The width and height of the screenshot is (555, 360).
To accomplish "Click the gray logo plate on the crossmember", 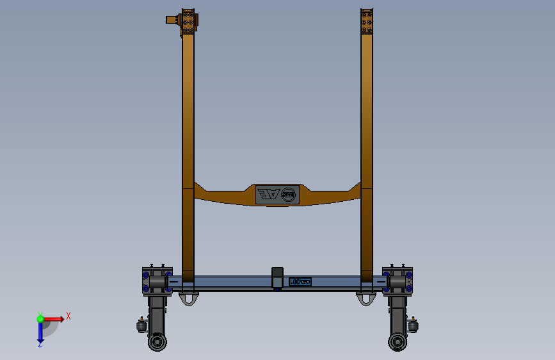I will pyautogui.click(x=278, y=195).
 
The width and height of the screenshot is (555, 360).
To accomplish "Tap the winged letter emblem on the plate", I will pyautogui.click(x=268, y=195).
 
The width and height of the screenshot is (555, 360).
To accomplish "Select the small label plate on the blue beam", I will pyautogui.click(x=300, y=281).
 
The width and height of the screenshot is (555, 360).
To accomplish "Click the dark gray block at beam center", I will pyautogui.click(x=277, y=277).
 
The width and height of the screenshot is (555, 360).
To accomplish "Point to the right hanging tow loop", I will pyautogui.click(x=366, y=299).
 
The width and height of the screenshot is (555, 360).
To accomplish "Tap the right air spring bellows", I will pyautogui.click(x=414, y=327).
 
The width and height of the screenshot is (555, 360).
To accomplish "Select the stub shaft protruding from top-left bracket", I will pyautogui.click(x=172, y=20).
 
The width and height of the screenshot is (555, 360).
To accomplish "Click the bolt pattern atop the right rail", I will pyautogui.click(x=366, y=21).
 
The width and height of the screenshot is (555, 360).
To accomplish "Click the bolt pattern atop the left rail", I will pyautogui.click(x=188, y=22).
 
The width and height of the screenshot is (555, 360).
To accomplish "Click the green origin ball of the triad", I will pyautogui.click(x=40, y=318).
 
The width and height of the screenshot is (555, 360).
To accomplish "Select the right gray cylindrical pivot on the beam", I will pyautogui.click(x=397, y=282).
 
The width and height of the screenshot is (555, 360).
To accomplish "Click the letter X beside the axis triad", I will pyautogui.click(x=68, y=316).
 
